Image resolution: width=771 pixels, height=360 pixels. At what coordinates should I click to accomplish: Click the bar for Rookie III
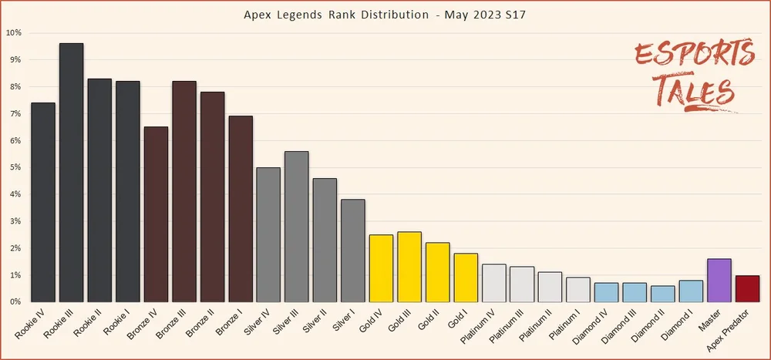71,173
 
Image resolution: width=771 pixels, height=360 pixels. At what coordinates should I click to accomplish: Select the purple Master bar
719,281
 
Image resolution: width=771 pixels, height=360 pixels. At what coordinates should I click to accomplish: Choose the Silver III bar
297,227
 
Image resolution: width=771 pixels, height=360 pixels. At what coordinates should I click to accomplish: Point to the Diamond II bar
662,294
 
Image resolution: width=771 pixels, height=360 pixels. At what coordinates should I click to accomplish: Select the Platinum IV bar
494,283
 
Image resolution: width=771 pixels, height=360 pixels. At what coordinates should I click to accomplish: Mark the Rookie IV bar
43,203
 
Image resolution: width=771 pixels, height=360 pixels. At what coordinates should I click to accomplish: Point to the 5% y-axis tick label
15,168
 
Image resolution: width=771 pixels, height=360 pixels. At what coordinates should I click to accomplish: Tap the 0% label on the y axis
15,302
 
